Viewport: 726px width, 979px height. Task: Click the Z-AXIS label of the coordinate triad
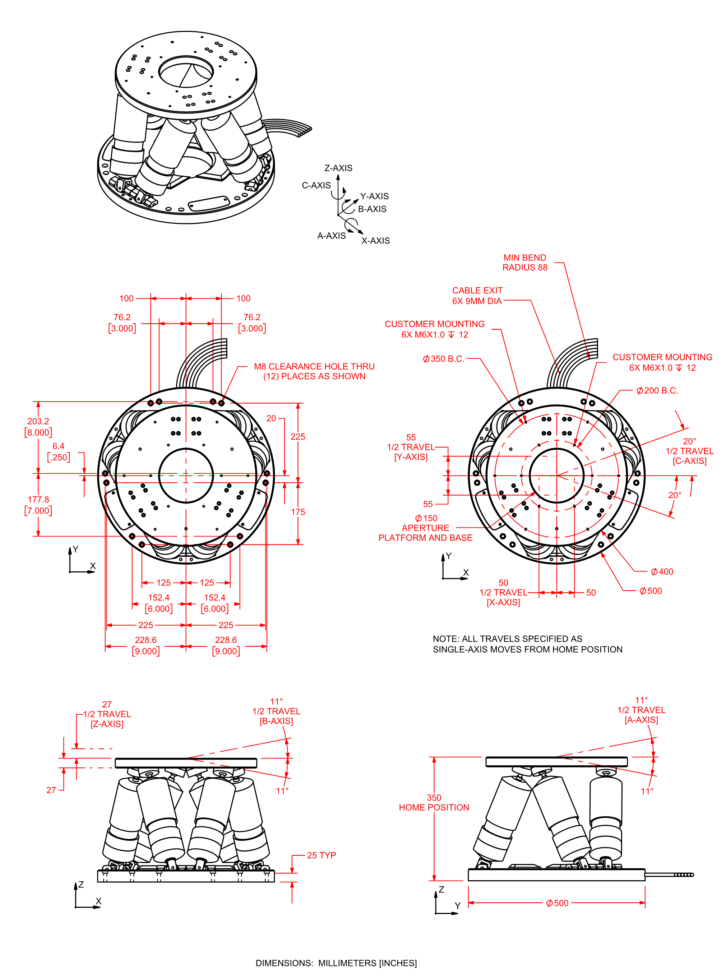coord(338,168)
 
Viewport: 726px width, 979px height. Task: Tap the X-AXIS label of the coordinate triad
coord(375,240)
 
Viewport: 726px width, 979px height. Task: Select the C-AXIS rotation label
coord(316,185)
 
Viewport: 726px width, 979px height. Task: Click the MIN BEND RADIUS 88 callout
coord(525,262)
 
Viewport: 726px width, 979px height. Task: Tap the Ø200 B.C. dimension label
coord(657,390)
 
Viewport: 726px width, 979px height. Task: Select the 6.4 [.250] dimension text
coord(59,452)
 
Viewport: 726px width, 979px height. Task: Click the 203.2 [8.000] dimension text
coord(38,427)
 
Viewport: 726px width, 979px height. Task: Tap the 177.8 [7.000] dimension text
coord(38,505)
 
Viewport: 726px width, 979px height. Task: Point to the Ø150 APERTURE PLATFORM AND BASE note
coord(425,528)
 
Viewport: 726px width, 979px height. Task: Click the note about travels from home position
coord(527,644)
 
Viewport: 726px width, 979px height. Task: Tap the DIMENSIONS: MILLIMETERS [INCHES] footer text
coord(336,963)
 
